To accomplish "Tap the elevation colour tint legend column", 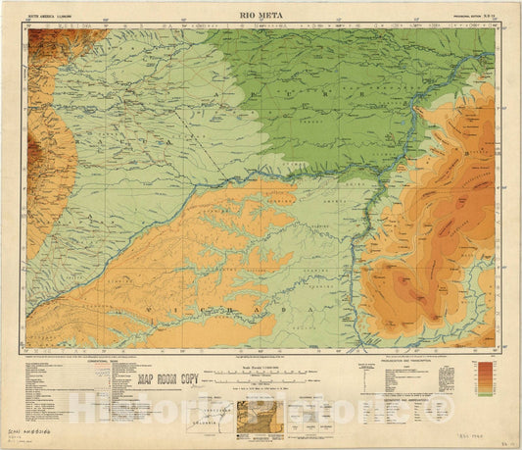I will pos(483,378).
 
